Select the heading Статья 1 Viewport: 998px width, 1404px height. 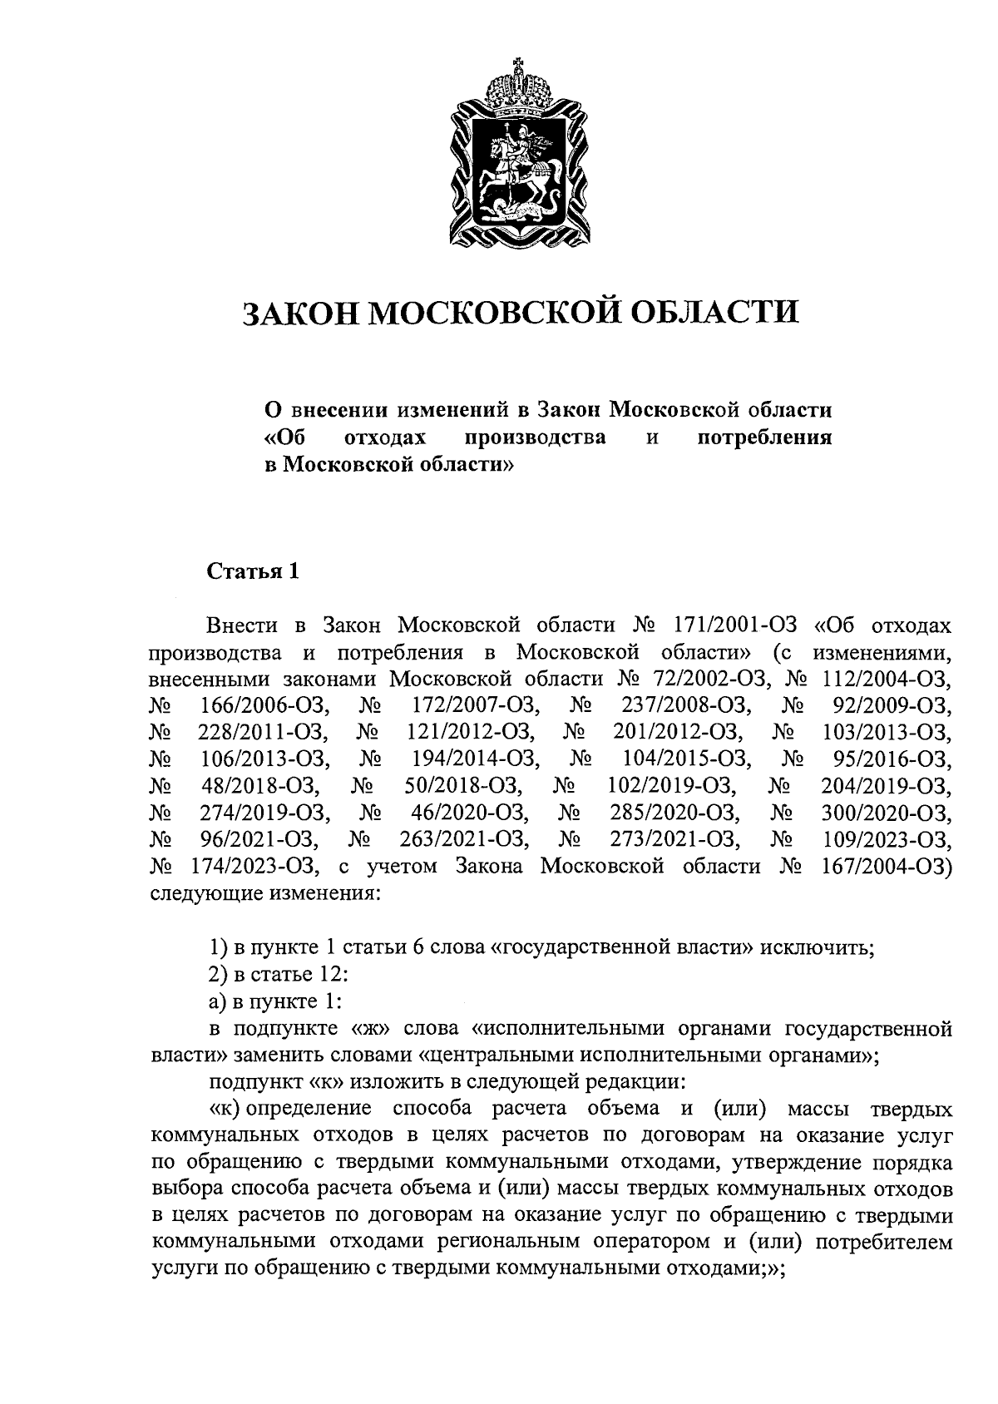tap(252, 571)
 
